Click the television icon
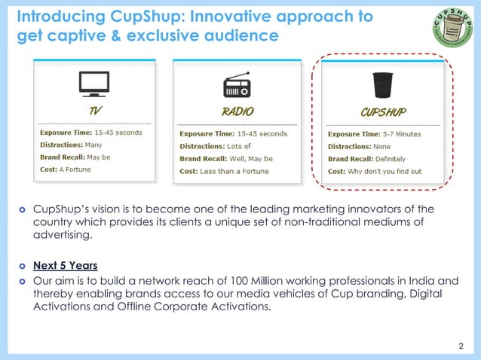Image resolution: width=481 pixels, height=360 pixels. tap(94, 84)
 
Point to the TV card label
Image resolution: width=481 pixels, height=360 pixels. tap(94, 111)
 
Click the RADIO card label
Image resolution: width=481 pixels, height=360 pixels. tap(237, 111)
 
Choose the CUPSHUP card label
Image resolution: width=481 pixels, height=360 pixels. tap(383, 112)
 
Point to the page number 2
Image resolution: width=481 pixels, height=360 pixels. tap(461, 346)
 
